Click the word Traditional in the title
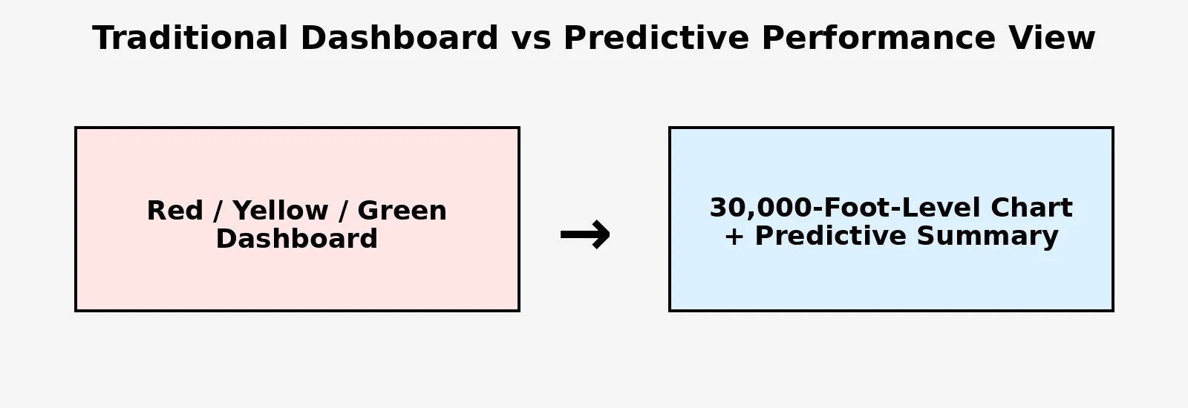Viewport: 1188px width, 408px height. point(190,38)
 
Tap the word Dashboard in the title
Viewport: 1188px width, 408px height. point(399,38)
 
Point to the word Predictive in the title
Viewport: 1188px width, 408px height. point(656,38)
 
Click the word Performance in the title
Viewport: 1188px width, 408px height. point(878,38)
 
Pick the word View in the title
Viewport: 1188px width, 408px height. point(1051,38)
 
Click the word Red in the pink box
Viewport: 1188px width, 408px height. point(175,211)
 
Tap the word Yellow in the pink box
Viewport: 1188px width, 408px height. point(281,211)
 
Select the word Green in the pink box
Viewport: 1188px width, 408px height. point(402,211)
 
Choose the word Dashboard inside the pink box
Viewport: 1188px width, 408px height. point(296,238)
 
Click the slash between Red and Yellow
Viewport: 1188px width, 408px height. point(218,211)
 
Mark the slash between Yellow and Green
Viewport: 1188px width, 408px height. point(343,211)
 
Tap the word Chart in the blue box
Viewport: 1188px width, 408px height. point(1031,207)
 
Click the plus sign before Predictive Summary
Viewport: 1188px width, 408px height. point(734,237)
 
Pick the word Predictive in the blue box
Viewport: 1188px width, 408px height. point(831,236)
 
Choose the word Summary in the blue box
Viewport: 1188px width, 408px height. point(988,237)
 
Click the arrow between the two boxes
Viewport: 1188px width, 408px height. point(586,234)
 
